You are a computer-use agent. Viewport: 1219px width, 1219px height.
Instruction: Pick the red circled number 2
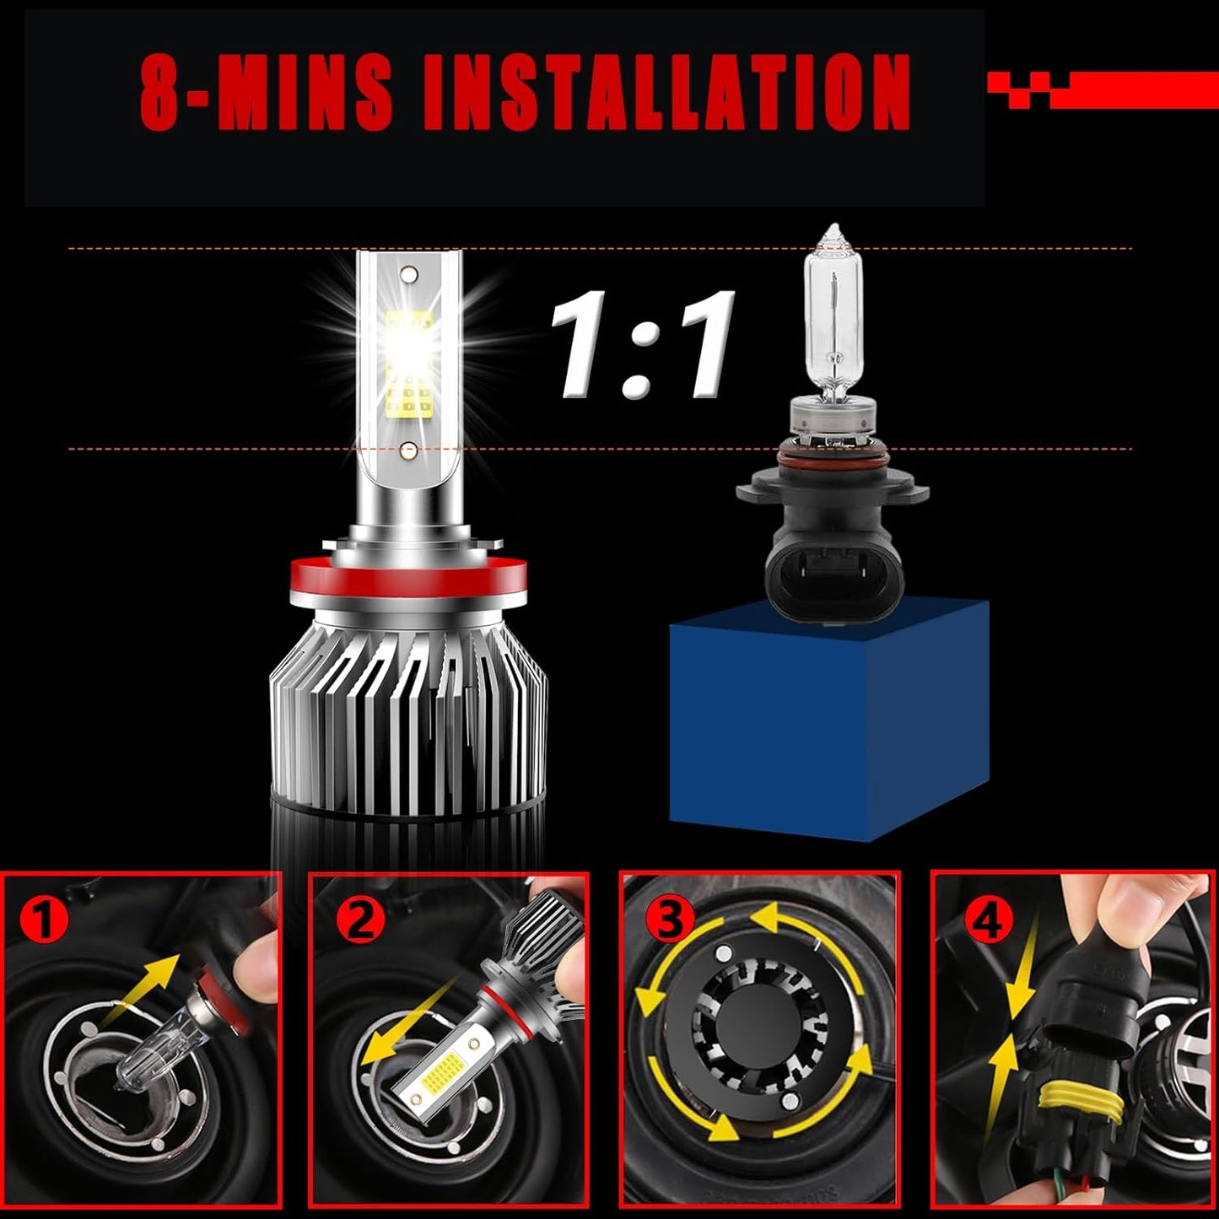click(359, 920)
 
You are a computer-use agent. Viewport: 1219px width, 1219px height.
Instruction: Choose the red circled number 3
click(670, 920)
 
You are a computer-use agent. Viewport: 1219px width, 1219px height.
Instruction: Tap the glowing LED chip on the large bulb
click(409, 337)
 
